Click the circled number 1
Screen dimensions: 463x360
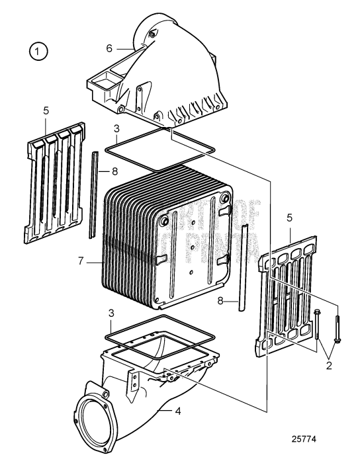pos(38,51)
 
